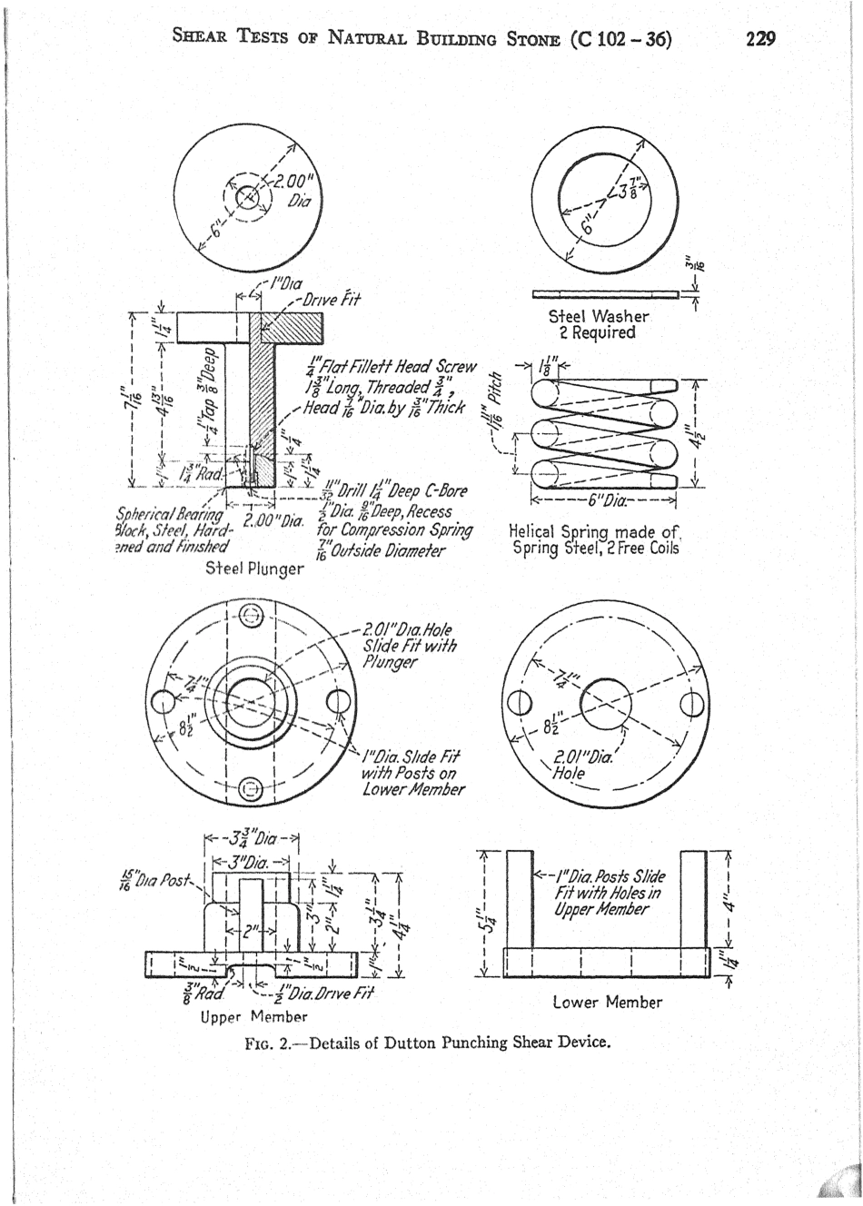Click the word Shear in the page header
(203, 38)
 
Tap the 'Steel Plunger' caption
(254, 569)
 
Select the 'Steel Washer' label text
(599, 316)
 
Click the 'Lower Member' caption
(607, 1002)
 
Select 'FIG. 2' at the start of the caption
(273, 1042)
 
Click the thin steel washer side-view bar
(605, 293)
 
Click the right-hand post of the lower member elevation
(694, 899)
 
